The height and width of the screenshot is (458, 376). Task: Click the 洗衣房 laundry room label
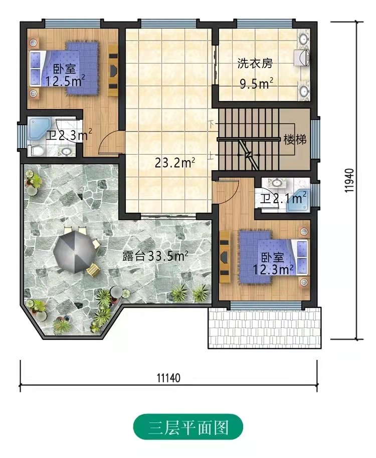pyautogui.click(x=255, y=63)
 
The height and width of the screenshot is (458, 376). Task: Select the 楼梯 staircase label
pyautogui.click(x=295, y=140)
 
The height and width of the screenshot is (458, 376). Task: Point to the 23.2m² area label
pyautogui.click(x=175, y=163)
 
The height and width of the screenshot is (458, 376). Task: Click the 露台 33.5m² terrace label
pyautogui.click(x=155, y=256)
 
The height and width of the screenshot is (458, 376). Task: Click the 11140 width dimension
pyautogui.click(x=168, y=378)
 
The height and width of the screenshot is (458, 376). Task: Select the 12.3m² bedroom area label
pyautogui.click(x=273, y=269)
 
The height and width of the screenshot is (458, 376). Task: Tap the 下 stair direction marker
pyautogui.click(x=212, y=124)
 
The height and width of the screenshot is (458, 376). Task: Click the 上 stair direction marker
pyautogui.click(x=212, y=157)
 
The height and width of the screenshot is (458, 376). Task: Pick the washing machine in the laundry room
pyautogui.click(x=302, y=57)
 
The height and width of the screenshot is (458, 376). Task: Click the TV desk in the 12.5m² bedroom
pyautogui.click(x=113, y=70)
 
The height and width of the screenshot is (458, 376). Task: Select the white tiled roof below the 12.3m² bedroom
pyautogui.click(x=265, y=328)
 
